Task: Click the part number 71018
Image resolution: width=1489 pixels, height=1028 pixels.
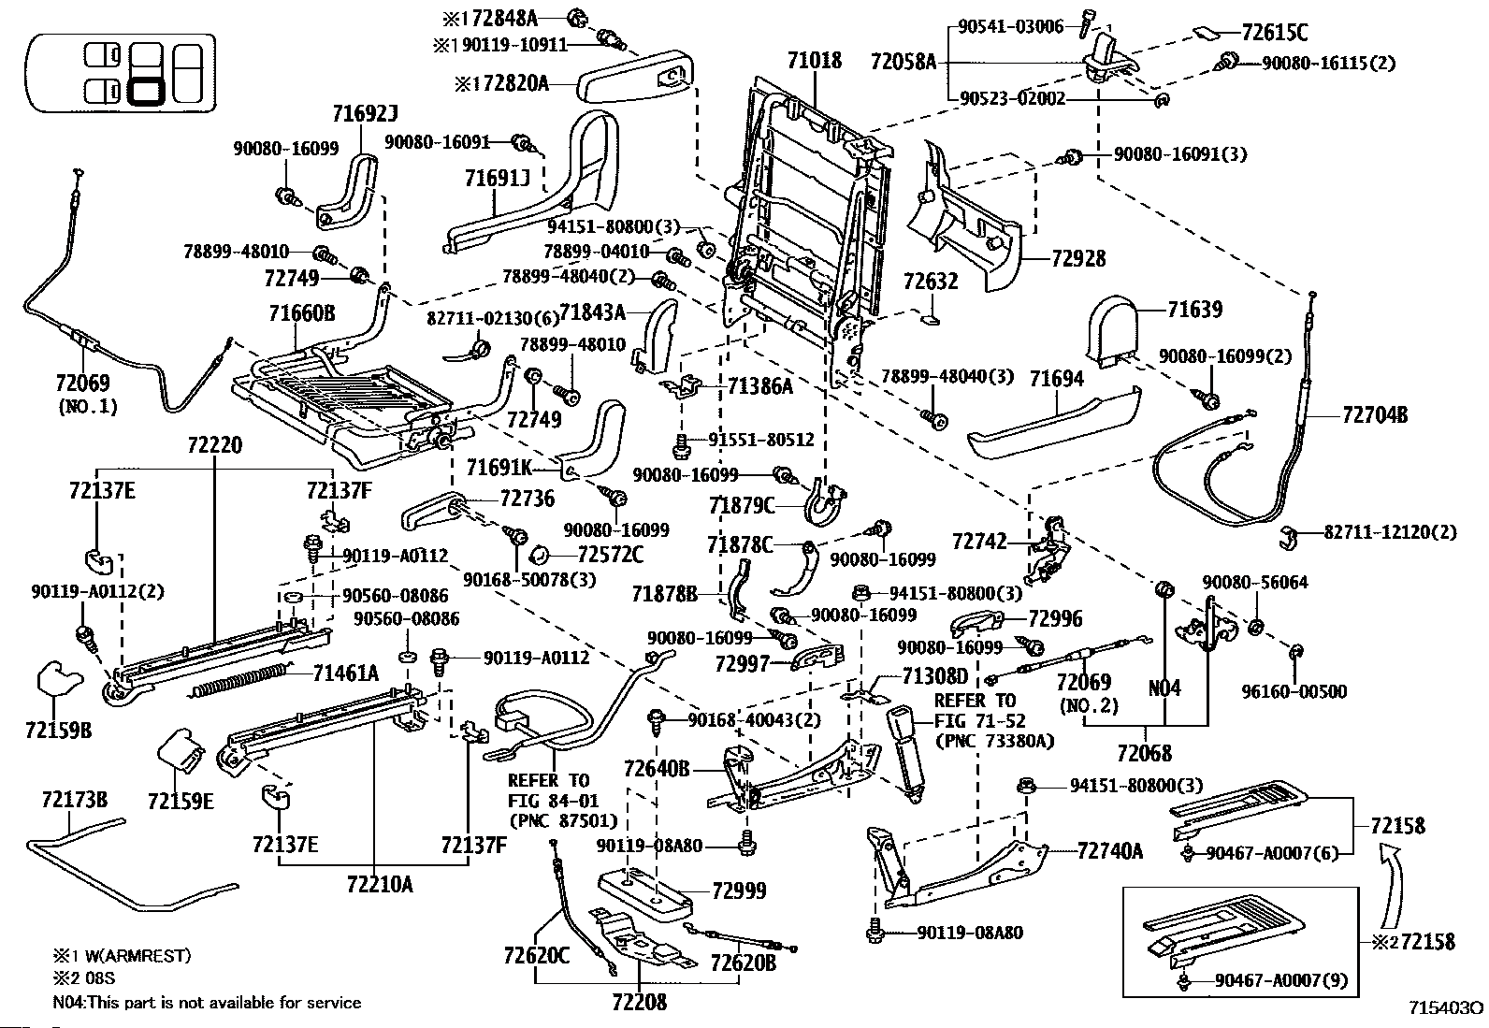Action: click(x=814, y=62)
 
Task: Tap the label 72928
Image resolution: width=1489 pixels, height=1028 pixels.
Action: click(x=1077, y=258)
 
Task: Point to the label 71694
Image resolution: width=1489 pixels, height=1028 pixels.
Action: click(x=1056, y=379)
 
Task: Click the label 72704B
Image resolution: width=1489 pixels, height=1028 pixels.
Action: click(x=1374, y=414)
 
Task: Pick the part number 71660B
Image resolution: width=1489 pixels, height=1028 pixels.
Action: click(x=302, y=313)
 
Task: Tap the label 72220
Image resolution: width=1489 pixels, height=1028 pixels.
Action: click(x=214, y=445)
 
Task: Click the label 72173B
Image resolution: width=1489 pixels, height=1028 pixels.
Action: click(x=74, y=799)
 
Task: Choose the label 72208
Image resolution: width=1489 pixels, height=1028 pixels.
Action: click(x=640, y=1002)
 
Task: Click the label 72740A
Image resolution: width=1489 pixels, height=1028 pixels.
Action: click(x=1109, y=851)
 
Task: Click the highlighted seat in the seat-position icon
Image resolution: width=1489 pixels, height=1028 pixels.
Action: click(x=145, y=92)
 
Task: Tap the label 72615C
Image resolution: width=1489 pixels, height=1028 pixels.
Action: click(x=1275, y=32)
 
